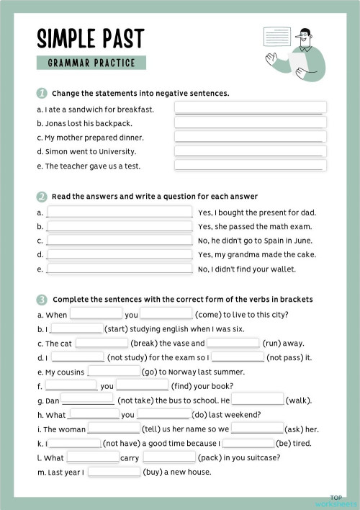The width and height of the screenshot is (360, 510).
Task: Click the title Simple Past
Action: pyautogui.click(x=90, y=38)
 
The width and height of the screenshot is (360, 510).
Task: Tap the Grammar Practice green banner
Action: pyautogui.click(x=91, y=63)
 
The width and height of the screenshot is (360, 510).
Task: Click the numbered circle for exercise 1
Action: pyautogui.click(x=42, y=93)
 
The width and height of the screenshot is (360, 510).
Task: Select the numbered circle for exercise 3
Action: pyautogui.click(x=42, y=299)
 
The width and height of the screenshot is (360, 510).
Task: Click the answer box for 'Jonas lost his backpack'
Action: pyautogui.click(x=250, y=122)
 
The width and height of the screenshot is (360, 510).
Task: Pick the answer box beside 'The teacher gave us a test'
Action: pyautogui.click(x=250, y=166)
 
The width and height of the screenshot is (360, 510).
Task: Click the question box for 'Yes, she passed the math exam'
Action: pyautogui.click(x=120, y=226)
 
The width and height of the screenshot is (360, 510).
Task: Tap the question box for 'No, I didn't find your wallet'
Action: pyautogui.click(x=120, y=269)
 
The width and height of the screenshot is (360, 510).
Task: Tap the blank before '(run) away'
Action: pyautogui.click(x=233, y=343)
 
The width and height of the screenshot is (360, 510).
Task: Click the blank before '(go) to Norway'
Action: pyautogui.click(x=113, y=372)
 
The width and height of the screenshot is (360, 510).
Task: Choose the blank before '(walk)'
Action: pyautogui.click(x=257, y=400)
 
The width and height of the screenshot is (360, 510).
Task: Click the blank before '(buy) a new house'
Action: pyautogui.click(x=114, y=472)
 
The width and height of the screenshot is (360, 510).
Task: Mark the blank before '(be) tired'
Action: pyautogui.click(x=248, y=443)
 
